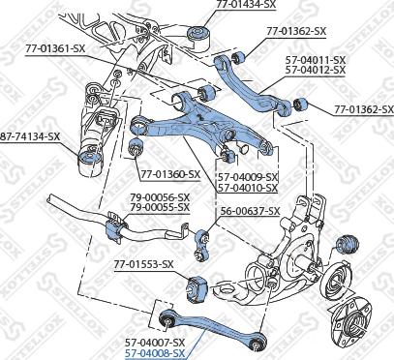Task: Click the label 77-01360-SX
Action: click(x=170, y=174)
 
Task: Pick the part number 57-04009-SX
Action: click(x=247, y=177)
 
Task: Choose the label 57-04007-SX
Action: click(x=155, y=343)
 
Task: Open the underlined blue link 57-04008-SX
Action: click(x=155, y=354)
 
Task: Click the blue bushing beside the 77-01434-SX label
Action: click(x=202, y=38)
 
